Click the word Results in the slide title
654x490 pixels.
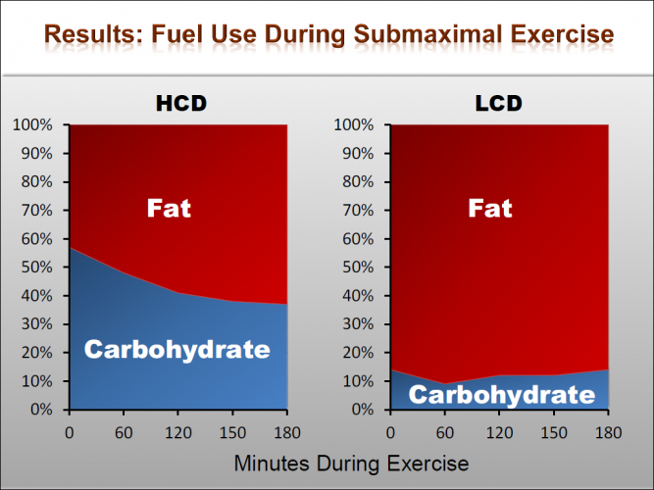tap(89, 35)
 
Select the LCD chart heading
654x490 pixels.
tap(499, 104)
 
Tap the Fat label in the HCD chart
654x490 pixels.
tap(169, 208)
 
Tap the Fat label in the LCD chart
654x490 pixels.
tap(489, 208)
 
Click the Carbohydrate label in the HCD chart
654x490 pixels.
tap(176, 349)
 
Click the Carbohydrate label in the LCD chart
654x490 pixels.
tap(501, 394)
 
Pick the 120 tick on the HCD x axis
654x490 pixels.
tap(177, 429)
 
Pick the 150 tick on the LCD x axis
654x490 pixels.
tap(554, 429)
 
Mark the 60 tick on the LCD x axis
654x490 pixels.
tap(445, 429)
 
